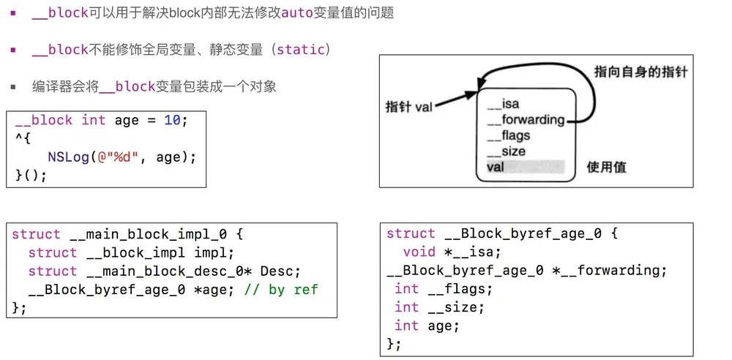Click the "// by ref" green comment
[x=282, y=289]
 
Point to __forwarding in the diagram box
[x=525, y=120]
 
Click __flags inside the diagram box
[x=508, y=135]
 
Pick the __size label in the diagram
[x=506, y=151]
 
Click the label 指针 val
[x=408, y=107]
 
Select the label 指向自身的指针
[x=640, y=72]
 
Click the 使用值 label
[x=606, y=167]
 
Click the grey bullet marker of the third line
[x=12, y=86]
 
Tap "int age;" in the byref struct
[x=427, y=326]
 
